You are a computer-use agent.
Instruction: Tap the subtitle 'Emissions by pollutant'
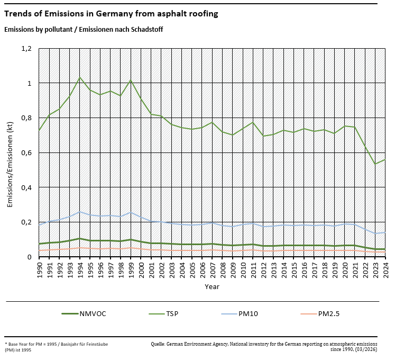point(83,30)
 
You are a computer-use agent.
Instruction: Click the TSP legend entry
point(171,314)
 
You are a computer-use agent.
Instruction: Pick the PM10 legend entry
point(253,314)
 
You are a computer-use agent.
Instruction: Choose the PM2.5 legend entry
point(328,314)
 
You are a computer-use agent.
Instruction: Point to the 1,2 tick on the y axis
point(27,49)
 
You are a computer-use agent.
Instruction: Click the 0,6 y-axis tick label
point(27,152)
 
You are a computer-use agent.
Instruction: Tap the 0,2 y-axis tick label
point(27,222)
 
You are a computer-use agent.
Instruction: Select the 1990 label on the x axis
point(40,267)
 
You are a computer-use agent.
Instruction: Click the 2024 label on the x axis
point(385,267)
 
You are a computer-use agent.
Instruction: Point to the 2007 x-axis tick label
point(213,267)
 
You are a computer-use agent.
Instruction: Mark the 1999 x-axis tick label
point(131,267)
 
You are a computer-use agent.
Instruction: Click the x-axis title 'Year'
point(212,286)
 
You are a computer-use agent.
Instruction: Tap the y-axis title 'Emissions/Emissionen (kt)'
point(10,152)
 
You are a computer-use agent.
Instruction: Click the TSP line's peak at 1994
point(80,77)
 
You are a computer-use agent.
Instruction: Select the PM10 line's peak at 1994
point(80,212)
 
